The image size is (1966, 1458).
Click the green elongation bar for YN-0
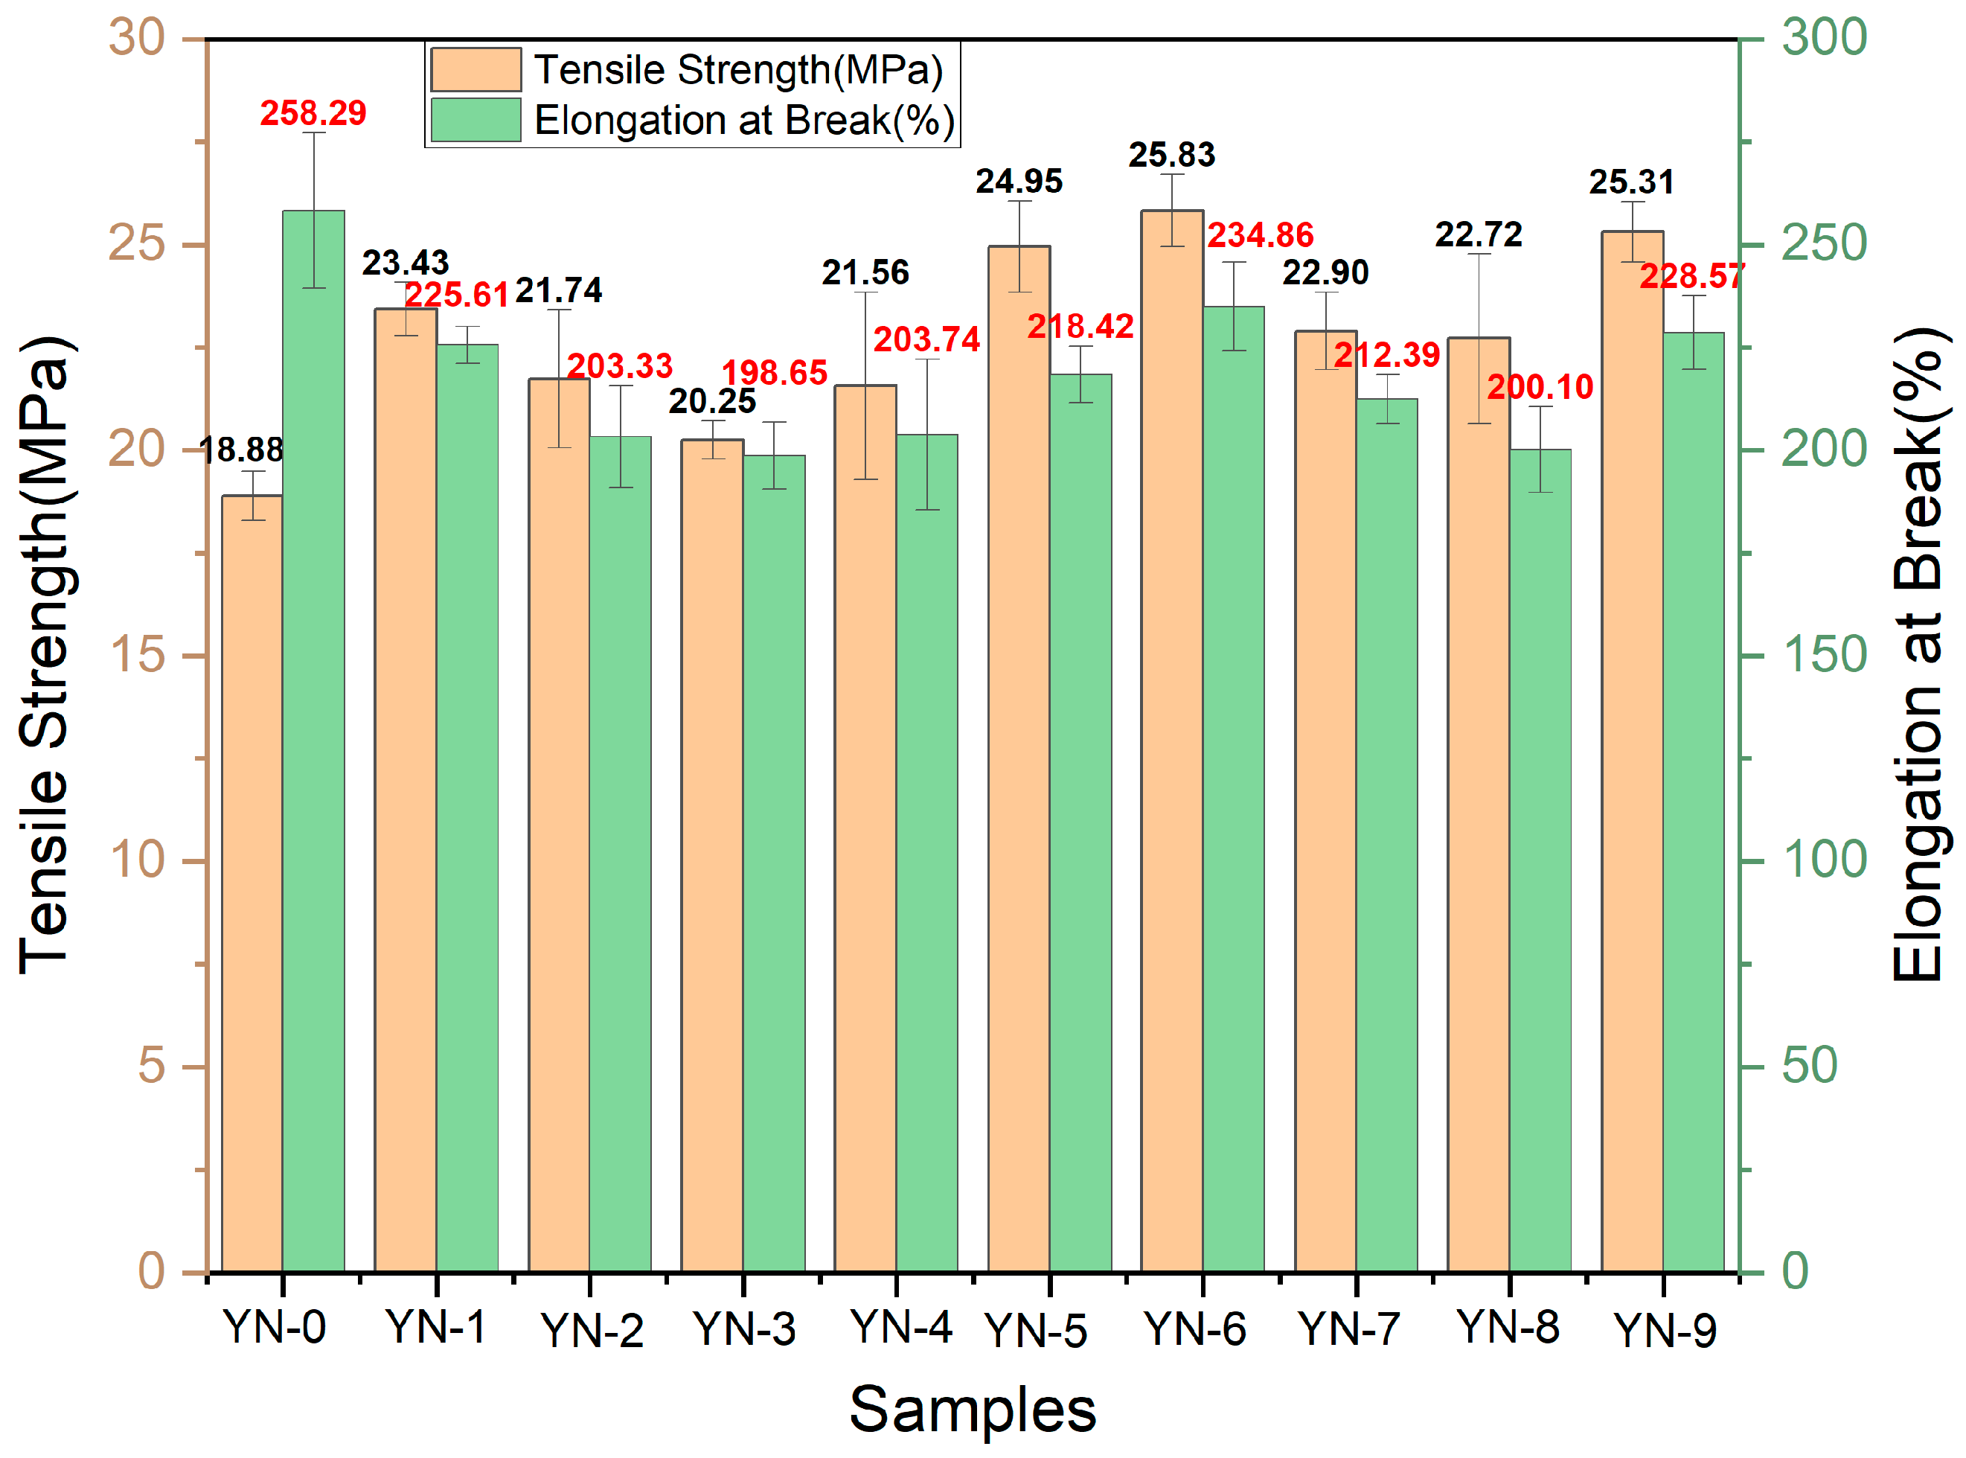[x=313, y=741]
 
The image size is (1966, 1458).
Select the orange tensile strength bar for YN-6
[x=1172, y=741]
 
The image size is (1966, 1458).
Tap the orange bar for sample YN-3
[x=712, y=856]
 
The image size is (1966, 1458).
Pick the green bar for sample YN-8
[x=1540, y=860]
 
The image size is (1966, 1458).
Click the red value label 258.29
[x=313, y=113]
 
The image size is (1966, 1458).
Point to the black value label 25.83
[x=1172, y=156]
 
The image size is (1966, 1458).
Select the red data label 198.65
[x=775, y=374]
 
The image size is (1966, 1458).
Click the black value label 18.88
[x=241, y=450]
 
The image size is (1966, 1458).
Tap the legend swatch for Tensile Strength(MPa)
[x=476, y=70]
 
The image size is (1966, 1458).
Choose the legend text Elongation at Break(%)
[x=744, y=120]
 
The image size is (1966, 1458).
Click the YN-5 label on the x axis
[x=1035, y=1331]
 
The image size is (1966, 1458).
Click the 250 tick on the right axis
[x=1823, y=244]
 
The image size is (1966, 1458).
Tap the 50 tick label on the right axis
[x=1809, y=1066]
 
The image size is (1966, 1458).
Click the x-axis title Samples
[x=973, y=1410]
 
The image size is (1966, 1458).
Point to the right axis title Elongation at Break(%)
[x=1918, y=655]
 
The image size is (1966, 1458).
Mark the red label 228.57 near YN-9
[x=1691, y=277]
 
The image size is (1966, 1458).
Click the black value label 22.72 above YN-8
[x=1478, y=234]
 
